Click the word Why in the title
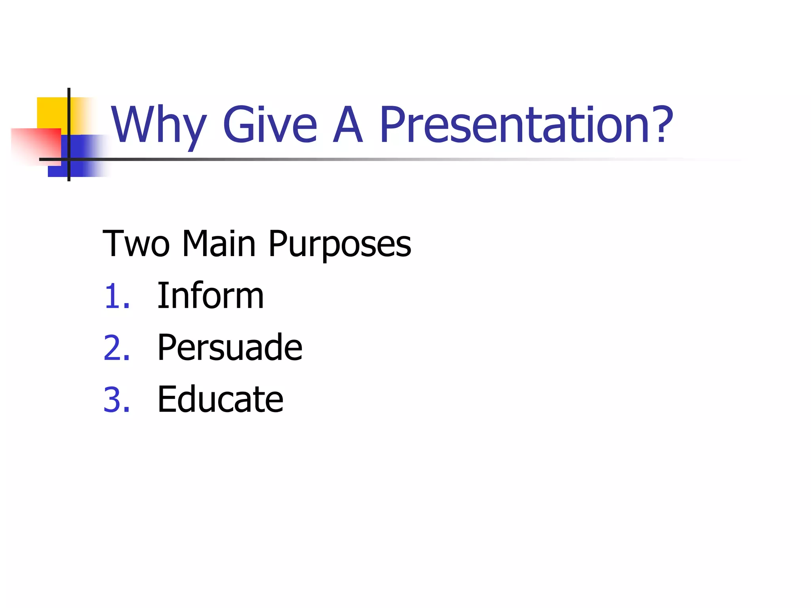(158, 126)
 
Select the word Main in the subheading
(219, 244)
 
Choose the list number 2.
(116, 348)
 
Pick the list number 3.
(116, 400)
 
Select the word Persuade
(230, 348)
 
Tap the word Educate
(220, 399)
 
